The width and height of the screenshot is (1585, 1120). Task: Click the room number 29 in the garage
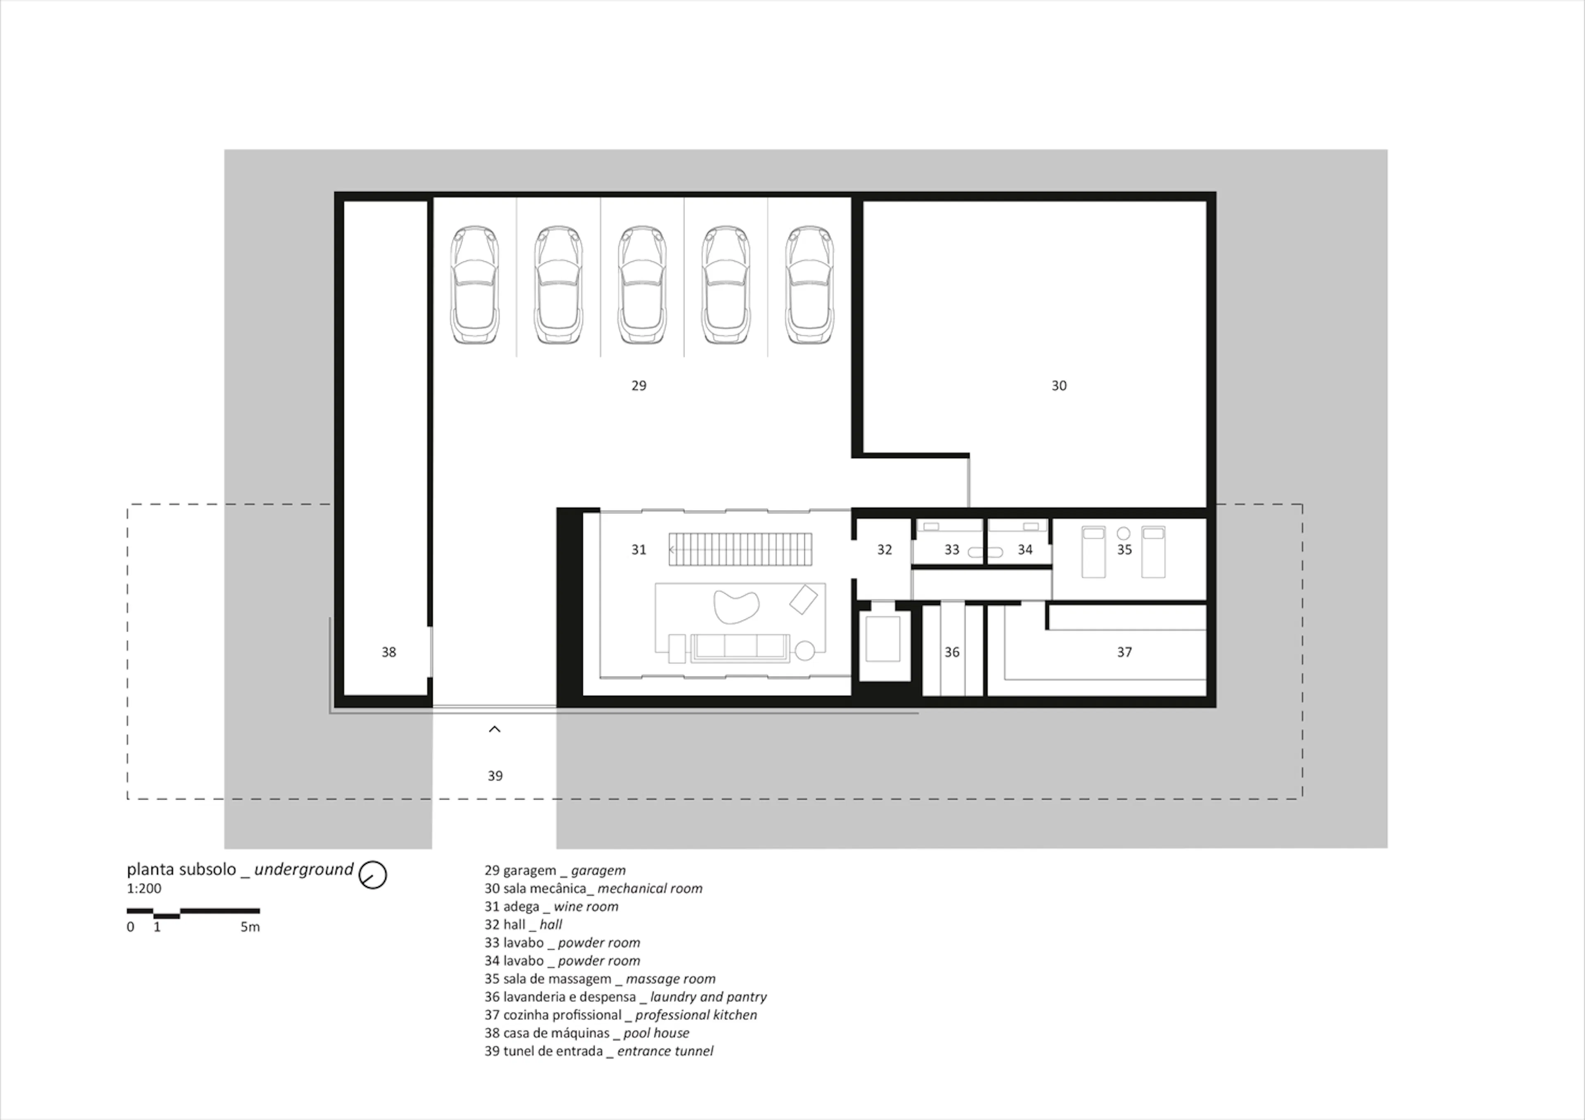[x=639, y=386]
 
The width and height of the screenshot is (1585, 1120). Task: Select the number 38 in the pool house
[x=389, y=652]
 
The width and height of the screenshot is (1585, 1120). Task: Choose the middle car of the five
[x=642, y=284]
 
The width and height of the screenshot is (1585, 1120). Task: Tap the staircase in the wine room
[x=740, y=549]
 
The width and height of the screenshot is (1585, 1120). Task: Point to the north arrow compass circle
[x=373, y=875]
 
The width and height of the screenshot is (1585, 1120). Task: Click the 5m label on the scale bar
[x=250, y=927]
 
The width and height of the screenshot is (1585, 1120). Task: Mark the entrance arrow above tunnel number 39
[x=494, y=729]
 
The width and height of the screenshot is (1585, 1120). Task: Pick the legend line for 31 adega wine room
[x=551, y=907]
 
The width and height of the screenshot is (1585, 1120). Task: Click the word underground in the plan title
[x=304, y=870]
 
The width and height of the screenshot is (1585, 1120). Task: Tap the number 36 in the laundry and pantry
[x=952, y=652]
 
